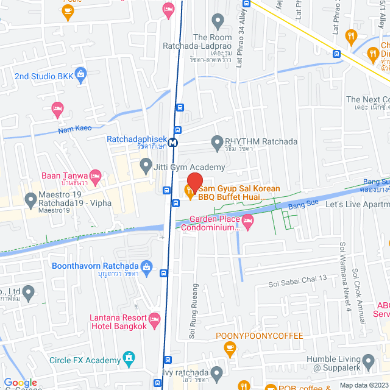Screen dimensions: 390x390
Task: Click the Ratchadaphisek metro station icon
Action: click(174, 142)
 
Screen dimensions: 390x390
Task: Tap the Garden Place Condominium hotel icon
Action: click(247, 220)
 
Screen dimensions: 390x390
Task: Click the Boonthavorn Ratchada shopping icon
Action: click(146, 266)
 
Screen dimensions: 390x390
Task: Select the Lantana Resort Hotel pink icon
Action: click(155, 318)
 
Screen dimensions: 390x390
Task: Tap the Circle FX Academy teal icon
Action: click(129, 357)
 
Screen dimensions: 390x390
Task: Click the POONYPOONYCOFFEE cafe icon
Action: click(230, 348)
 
